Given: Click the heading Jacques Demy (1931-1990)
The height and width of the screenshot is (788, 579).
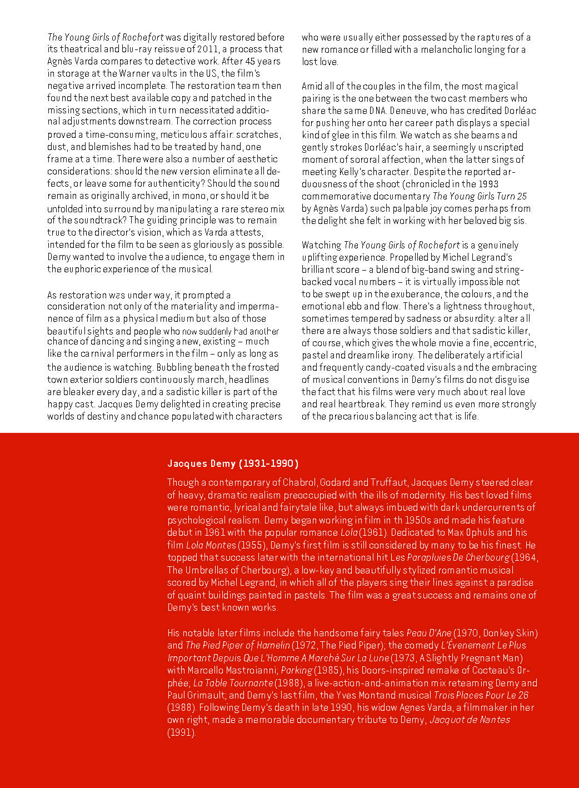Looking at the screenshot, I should point(233,463).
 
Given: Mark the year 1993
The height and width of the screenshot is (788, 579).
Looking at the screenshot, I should point(487,184).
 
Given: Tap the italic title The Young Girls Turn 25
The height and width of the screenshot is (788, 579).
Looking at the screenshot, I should point(480,196).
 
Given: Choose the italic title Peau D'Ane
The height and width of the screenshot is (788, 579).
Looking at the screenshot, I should point(428,633).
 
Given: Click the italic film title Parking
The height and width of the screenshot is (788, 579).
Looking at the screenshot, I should point(296,670).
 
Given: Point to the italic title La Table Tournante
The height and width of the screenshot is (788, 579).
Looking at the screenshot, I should point(233,683).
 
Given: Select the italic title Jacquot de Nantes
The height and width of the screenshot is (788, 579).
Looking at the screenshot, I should point(470,720).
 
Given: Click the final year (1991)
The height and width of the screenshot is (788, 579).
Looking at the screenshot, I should point(182,732).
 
